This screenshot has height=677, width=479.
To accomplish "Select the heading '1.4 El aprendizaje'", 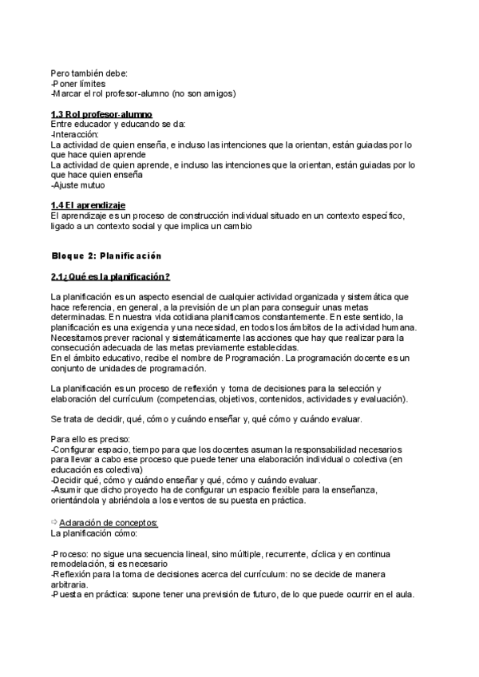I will pos(88,206).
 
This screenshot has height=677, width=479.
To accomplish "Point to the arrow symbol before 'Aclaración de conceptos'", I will pos(54,522).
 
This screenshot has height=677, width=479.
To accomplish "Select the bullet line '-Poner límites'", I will pos(77,83).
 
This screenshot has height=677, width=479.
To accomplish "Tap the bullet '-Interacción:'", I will pos(74,135).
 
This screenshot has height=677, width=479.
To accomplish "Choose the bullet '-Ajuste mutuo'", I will pos(77,185).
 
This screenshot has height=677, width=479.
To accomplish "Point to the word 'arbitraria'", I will pos(69,584).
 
